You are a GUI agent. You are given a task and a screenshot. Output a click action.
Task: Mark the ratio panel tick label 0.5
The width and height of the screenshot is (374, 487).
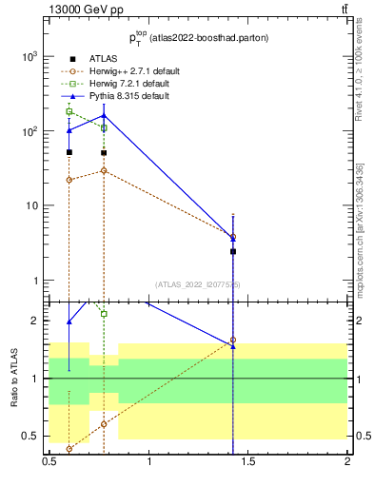tap(32, 436)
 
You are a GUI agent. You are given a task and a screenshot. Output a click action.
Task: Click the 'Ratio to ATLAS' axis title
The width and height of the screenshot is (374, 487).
tap(14, 379)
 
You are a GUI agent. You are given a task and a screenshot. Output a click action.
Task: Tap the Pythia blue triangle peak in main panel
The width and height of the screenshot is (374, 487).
tap(104, 115)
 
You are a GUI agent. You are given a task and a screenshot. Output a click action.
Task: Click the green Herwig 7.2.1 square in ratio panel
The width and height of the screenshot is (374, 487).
tap(104, 314)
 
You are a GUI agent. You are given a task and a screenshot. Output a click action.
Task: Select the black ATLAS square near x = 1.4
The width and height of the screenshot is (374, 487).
tap(233, 251)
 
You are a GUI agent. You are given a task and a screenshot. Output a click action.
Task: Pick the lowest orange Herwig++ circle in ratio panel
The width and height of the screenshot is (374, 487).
tap(69, 449)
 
